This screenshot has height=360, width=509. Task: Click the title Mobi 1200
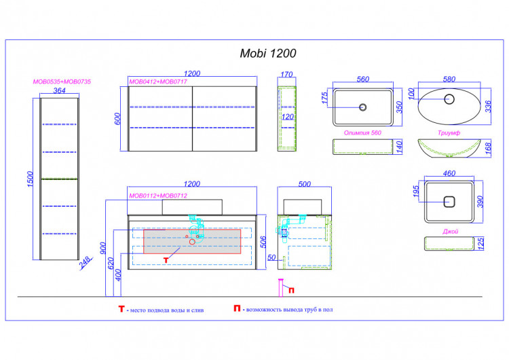[x=268, y=53]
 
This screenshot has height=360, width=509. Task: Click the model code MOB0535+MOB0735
[x=62, y=82]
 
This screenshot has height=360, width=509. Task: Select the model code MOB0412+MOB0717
[x=158, y=82]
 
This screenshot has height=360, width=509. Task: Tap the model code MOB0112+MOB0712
[x=158, y=196]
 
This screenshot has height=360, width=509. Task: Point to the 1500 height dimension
[x=30, y=179]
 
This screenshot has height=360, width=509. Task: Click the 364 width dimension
[x=60, y=90]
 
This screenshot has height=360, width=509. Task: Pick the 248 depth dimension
[x=85, y=262]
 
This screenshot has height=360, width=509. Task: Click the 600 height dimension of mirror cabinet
[x=117, y=119]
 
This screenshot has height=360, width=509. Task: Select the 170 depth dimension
[x=286, y=75]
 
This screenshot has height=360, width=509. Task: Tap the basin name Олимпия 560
[x=362, y=132]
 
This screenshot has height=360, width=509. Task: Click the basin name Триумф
[x=449, y=132]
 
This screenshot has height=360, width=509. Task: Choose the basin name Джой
[x=450, y=232]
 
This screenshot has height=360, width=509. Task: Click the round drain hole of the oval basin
[x=449, y=99]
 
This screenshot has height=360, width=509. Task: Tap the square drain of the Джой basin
[x=449, y=202]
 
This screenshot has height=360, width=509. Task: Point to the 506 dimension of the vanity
[x=263, y=242]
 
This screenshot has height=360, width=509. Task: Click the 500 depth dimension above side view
[x=305, y=184]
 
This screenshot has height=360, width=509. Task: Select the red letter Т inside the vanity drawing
[x=166, y=260]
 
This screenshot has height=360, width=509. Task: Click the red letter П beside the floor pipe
[x=292, y=290]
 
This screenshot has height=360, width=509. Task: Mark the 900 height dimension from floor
[x=103, y=248]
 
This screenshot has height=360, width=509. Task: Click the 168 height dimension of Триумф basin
[x=487, y=149]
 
